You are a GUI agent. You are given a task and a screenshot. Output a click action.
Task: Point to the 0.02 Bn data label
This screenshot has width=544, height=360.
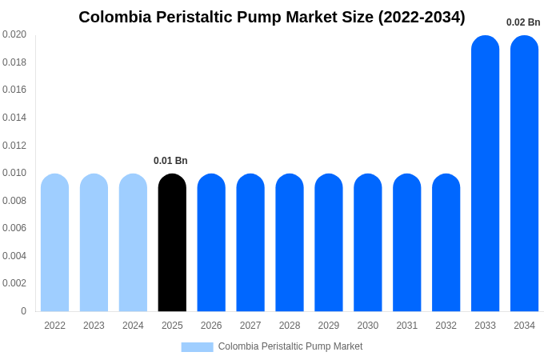click(523, 22)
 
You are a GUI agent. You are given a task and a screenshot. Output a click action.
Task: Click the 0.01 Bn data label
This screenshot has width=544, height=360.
click(170, 161)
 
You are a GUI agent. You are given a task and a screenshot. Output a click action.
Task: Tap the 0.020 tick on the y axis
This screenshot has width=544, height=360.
click(14, 34)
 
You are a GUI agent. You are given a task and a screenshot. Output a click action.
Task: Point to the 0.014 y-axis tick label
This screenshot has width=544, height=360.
click(14, 118)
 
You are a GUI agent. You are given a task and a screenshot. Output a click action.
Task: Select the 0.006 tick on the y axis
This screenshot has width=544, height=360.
click(14, 228)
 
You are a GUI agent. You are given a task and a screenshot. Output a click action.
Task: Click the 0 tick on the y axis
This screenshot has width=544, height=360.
click(23, 311)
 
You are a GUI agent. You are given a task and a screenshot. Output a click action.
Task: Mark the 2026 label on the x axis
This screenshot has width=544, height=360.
click(211, 326)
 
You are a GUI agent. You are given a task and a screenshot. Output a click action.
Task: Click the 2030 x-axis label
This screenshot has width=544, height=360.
click(368, 326)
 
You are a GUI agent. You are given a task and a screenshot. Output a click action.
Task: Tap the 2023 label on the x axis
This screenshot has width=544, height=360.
click(94, 326)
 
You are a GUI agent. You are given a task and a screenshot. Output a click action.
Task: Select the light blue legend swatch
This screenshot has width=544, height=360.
click(197, 347)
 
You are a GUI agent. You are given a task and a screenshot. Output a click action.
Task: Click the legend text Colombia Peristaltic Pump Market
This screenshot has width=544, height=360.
click(290, 346)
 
